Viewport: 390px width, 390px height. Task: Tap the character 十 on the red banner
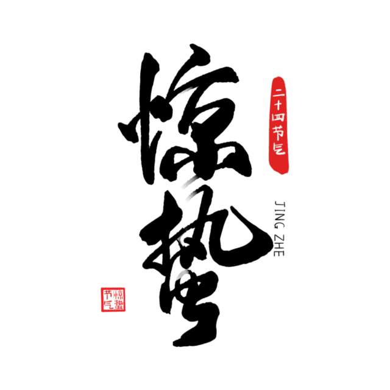[278, 105]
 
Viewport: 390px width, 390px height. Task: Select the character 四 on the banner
[278, 117]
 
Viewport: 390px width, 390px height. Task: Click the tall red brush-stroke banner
[279, 125]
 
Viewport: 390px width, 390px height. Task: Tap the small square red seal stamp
[113, 299]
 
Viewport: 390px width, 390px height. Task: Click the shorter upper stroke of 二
[278, 91]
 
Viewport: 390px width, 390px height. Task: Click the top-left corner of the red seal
[101, 288]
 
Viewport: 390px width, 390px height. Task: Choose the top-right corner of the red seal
[126, 288]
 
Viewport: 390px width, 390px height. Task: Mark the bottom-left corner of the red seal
[101, 311]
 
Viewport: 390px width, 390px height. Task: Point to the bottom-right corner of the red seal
[126, 311]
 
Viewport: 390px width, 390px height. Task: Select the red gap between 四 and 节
[278, 124]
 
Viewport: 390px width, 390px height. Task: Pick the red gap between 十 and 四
[278, 111]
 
